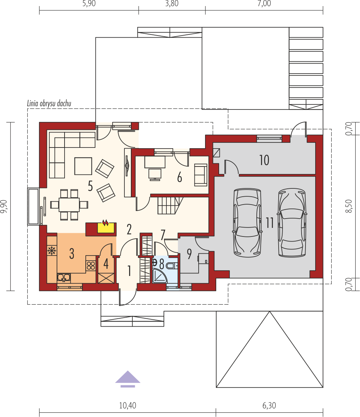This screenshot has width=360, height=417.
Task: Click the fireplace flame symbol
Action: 105,222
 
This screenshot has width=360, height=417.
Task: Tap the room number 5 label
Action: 90,186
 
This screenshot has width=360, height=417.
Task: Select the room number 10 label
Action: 264,160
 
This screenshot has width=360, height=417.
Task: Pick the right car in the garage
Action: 292,223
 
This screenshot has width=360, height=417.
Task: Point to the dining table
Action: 69,205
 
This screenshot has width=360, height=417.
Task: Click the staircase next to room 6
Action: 170,205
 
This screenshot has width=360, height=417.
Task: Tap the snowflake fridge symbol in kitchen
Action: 52,250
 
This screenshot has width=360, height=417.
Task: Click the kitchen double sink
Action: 64,278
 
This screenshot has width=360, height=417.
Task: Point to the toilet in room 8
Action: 172,266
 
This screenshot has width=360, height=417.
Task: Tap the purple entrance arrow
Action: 128,379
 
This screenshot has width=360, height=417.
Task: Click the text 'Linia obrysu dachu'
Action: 49,103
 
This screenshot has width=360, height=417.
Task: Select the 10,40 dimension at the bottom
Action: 128,406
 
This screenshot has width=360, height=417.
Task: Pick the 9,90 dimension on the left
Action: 5,206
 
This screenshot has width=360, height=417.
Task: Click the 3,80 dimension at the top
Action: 172,4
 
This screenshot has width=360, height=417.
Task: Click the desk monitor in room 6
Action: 155,174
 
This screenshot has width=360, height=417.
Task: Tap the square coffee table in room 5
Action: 83,166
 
